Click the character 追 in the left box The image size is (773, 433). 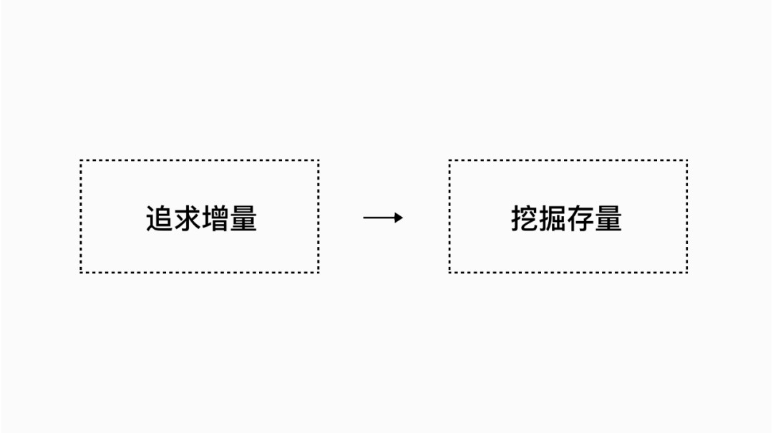159,218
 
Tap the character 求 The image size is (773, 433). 188,218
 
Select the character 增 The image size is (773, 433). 215,218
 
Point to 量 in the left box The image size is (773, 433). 243,218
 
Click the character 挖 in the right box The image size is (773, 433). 525,218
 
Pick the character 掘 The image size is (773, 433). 553,218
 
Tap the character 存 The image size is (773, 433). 580,218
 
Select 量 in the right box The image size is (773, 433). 609,218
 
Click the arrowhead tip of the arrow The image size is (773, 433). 403,218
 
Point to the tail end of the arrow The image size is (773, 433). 364,218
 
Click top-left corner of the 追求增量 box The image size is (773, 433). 81,160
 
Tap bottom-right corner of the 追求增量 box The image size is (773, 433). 319,272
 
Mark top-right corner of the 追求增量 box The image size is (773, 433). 319,160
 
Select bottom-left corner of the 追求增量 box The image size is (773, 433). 81,272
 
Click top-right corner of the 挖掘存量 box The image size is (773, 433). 686,160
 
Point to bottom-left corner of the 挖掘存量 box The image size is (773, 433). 449,272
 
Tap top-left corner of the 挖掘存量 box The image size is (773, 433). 449,160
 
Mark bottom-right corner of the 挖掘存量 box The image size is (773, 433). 686,272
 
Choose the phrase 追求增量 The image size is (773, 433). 201,218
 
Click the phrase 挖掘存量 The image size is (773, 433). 566,218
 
